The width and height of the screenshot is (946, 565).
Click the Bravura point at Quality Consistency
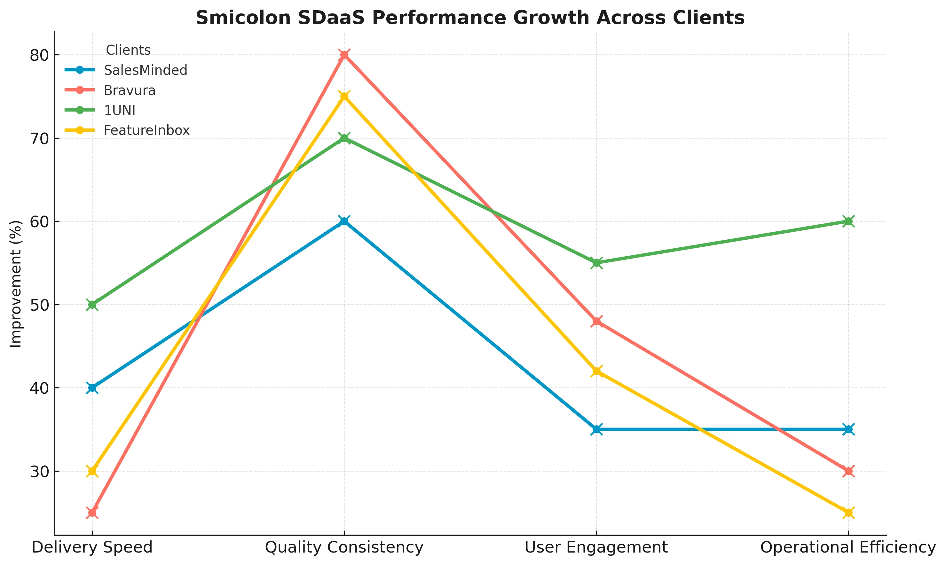tap(344, 55)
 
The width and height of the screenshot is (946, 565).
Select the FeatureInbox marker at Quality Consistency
tap(344, 96)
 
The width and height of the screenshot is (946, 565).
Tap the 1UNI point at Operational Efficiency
tap(848, 221)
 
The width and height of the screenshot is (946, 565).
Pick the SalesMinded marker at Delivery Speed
tap(92, 388)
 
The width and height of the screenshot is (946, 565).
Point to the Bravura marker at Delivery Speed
tap(92, 513)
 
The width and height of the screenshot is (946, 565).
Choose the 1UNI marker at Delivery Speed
tap(92, 305)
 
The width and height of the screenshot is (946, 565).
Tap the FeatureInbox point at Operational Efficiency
tap(848, 513)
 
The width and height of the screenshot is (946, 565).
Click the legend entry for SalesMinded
tap(145, 70)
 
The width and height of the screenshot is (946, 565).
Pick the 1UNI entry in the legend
tap(120, 110)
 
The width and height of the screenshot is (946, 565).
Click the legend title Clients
tap(128, 50)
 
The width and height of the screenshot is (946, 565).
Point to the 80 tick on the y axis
tap(40, 56)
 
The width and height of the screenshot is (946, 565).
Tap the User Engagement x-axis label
tap(596, 547)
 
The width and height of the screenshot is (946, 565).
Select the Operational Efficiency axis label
tap(848, 547)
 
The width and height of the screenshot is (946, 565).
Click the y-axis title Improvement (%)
tap(16, 284)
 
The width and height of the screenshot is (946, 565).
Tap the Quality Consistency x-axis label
tap(344, 547)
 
